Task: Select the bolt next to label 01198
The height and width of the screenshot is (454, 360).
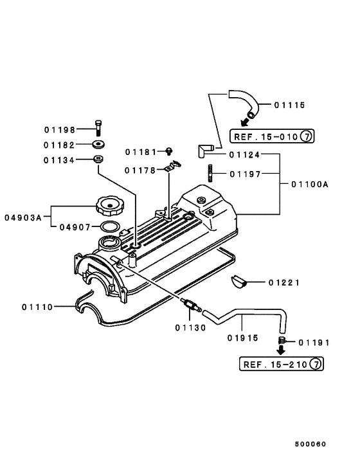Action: (x=98, y=128)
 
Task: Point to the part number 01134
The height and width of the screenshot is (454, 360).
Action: (x=59, y=160)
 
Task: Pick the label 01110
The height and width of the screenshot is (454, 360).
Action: (x=37, y=307)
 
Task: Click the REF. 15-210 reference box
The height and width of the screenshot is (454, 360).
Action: (x=281, y=365)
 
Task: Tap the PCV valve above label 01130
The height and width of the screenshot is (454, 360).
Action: (x=190, y=307)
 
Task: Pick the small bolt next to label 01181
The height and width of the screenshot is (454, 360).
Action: (x=169, y=152)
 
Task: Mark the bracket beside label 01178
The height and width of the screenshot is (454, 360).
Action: (x=170, y=169)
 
